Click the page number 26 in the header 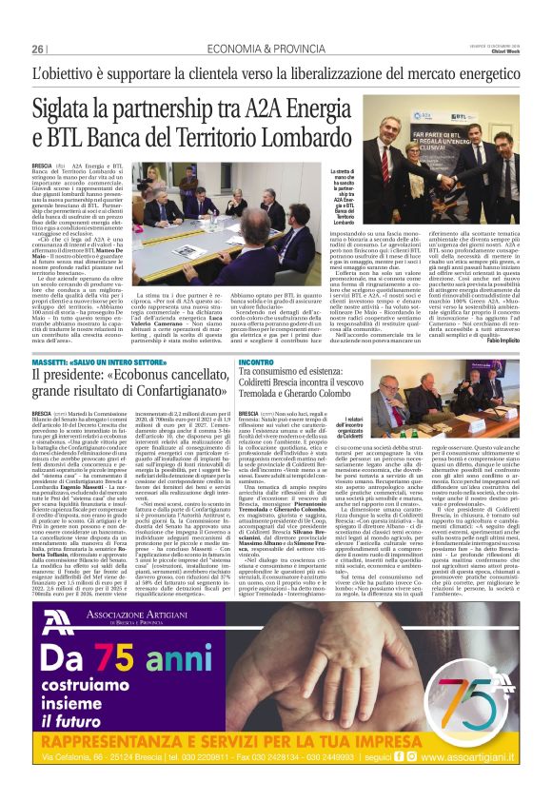(x=39, y=49)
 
